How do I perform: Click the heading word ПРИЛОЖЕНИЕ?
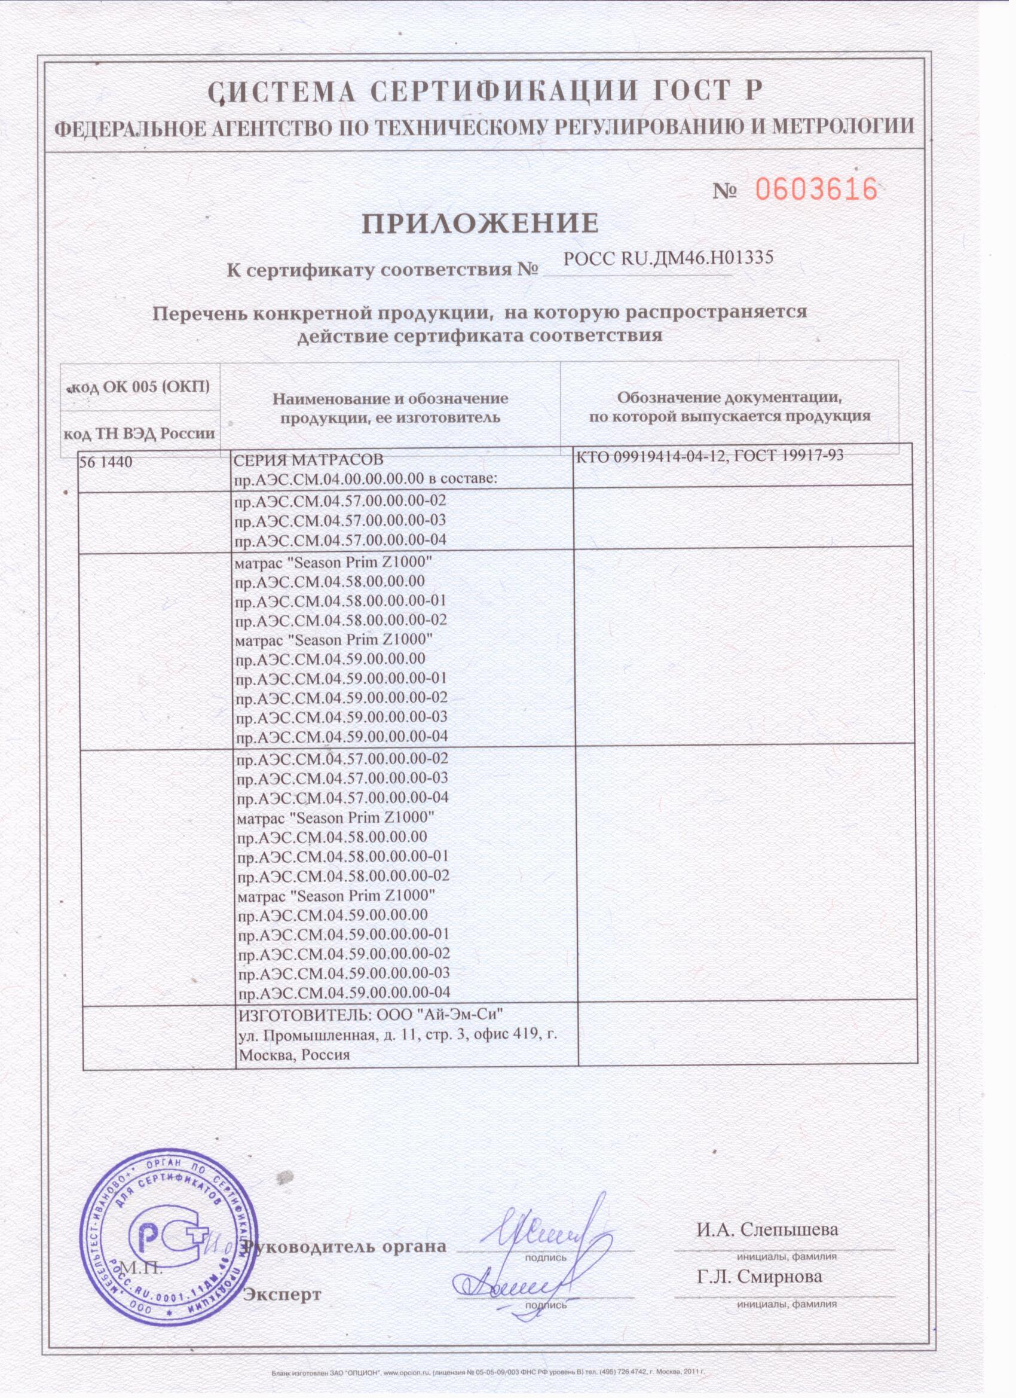pyautogui.click(x=479, y=223)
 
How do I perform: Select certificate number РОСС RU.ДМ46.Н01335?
pyautogui.click(x=668, y=259)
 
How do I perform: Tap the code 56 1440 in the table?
pyautogui.click(x=106, y=460)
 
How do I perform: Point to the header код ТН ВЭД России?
pyautogui.click(x=140, y=433)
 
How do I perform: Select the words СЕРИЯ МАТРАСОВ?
pyautogui.click(x=308, y=460)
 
